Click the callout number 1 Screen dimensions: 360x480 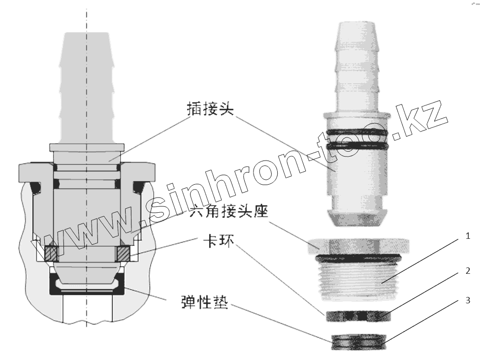[467, 237]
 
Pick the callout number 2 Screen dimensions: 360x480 [467, 271]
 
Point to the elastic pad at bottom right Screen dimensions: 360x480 [358, 341]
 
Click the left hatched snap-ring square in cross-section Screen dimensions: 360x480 [51, 253]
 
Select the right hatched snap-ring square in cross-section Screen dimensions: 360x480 [123, 253]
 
